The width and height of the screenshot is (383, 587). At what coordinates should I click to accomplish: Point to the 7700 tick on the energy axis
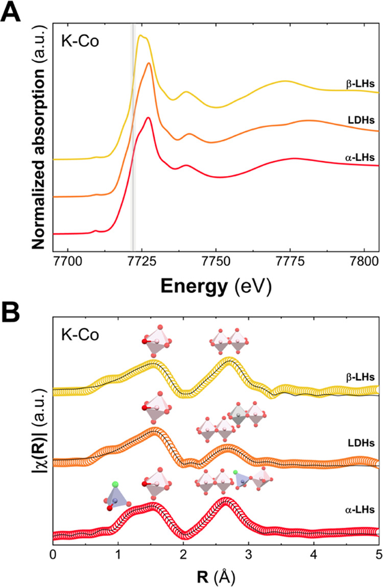[x=67, y=260]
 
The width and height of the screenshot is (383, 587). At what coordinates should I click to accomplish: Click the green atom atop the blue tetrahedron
[x=116, y=483]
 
